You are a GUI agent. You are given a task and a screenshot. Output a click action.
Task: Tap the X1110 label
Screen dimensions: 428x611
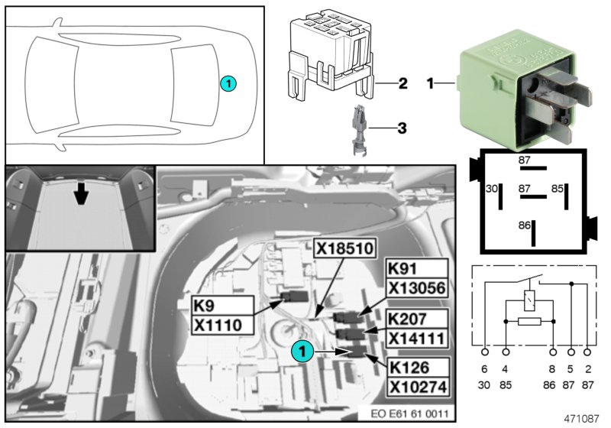click(218, 326)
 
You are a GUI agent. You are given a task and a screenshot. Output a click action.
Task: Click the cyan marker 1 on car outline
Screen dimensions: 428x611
click(228, 83)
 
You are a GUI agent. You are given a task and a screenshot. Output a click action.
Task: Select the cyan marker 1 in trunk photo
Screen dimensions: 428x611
click(302, 351)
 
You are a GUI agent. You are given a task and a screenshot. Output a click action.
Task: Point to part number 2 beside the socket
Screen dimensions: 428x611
click(401, 83)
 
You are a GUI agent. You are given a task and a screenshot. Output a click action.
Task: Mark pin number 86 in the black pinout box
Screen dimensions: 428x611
click(523, 227)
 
